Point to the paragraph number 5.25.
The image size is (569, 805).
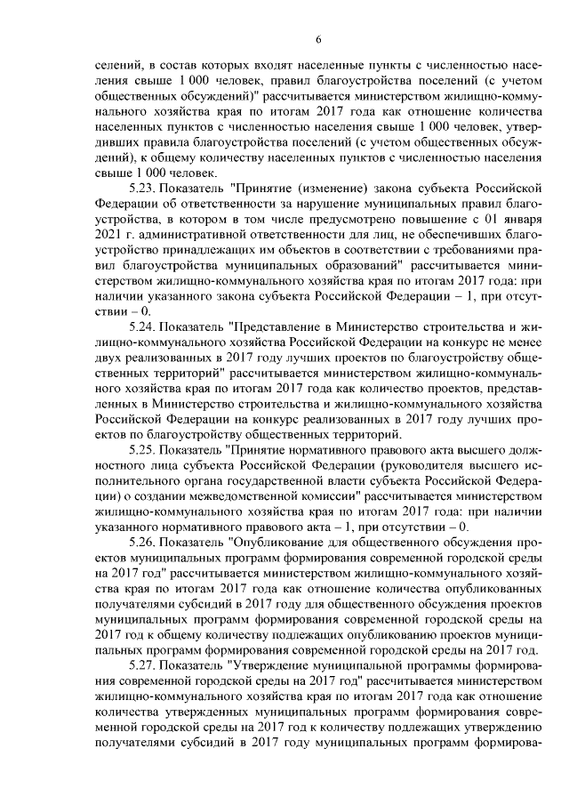pos(146,450)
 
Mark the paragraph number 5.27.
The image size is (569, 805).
pos(146,662)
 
